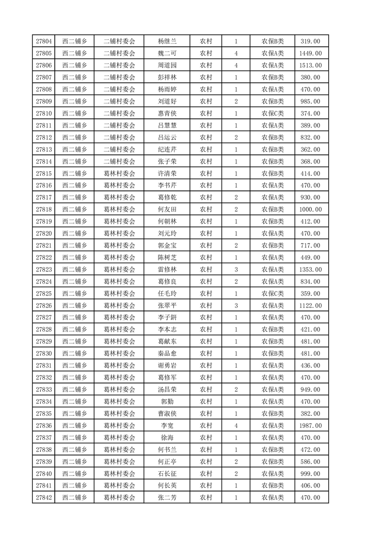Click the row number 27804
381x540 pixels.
44,41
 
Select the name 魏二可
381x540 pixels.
167,53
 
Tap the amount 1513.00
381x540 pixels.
310,65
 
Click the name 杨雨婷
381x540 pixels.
167,89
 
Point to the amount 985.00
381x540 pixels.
310,101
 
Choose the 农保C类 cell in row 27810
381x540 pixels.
272,113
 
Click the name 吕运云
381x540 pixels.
167,137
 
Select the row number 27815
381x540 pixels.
44,173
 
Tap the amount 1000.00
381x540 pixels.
310,209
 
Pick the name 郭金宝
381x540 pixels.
167,245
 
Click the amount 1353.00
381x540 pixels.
310,270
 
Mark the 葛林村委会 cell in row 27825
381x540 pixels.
120,294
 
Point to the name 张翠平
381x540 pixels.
167,306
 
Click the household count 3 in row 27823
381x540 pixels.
236,270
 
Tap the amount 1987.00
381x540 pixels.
310,425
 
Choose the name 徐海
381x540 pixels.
167,437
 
